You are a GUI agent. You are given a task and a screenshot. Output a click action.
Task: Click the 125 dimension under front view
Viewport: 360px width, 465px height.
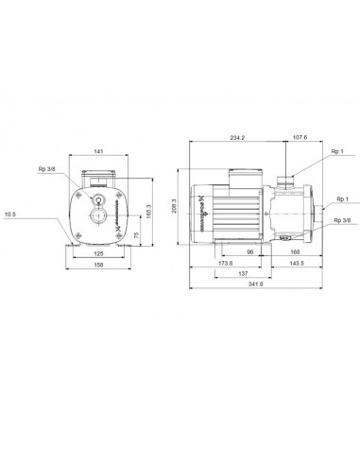click(97, 253)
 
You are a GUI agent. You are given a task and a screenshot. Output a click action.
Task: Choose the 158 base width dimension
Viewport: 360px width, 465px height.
click(97, 265)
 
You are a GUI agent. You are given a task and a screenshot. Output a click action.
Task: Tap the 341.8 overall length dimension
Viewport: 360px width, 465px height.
click(256, 284)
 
